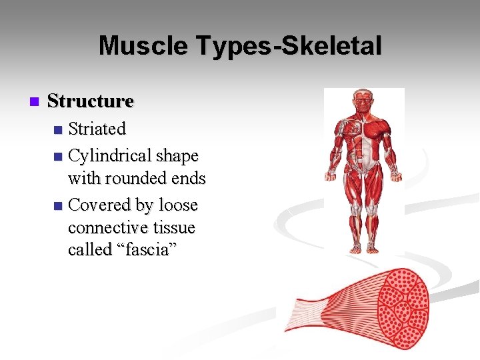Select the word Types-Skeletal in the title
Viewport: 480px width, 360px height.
tap(288, 47)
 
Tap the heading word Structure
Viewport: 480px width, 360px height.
tap(91, 101)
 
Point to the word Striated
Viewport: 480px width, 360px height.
tap(97, 127)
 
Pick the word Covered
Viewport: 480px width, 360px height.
tap(100, 204)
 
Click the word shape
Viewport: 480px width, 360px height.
tap(176, 156)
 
